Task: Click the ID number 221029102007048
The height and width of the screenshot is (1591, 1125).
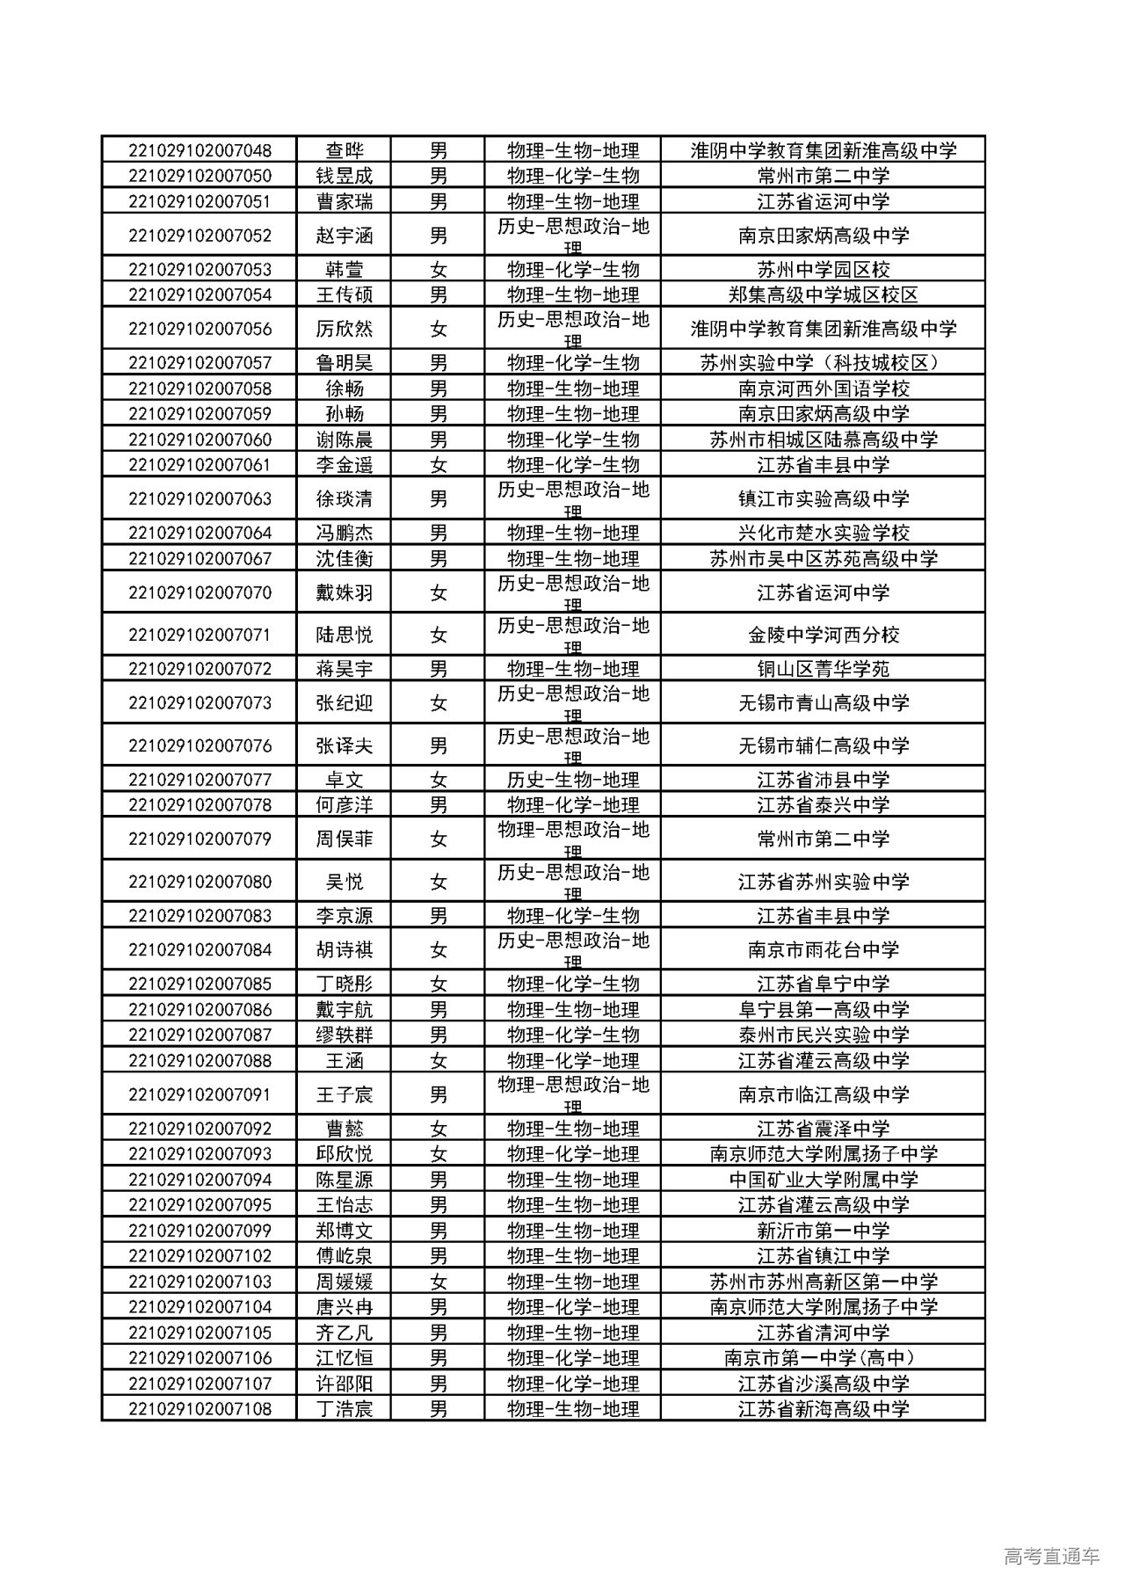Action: click(x=200, y=150)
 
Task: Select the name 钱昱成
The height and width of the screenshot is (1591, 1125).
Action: click(x=344, y=176)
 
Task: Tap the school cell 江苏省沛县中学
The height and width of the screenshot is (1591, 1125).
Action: click(x=823, y=780)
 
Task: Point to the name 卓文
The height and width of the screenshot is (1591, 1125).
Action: click(x=344, y=780)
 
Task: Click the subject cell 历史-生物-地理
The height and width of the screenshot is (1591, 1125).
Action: click(x=572, y=780)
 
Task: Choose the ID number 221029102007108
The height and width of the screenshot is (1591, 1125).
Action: click(x=200, y=1409)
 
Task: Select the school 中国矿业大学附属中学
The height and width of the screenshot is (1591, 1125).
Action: click(x=823, y=1180)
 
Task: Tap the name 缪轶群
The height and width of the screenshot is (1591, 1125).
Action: click(x=344, y=1035)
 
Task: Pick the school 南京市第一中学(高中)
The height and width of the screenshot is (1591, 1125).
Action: click(x=823, y=1358)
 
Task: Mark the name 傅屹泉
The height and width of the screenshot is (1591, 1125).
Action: click(x=344, y=1256)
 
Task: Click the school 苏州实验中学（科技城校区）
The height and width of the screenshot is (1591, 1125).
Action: click(x=823, y=363)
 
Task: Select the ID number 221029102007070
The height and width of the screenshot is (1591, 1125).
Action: click(x=200, y=592)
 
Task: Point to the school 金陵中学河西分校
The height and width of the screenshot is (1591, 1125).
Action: click(x=823, y=635)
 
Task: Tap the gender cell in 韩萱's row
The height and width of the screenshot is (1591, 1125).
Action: click(x=438, y=270)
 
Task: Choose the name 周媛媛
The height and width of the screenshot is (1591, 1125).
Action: click(x=344, y=1282)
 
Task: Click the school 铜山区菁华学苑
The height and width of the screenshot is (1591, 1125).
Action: click(x=823, y=669)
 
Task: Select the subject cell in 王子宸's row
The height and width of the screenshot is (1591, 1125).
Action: click(x=572, y=1094)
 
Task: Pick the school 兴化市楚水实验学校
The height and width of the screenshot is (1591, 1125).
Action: click(x=823, y=533)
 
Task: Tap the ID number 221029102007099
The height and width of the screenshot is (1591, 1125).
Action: click(x=200, y=1231)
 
